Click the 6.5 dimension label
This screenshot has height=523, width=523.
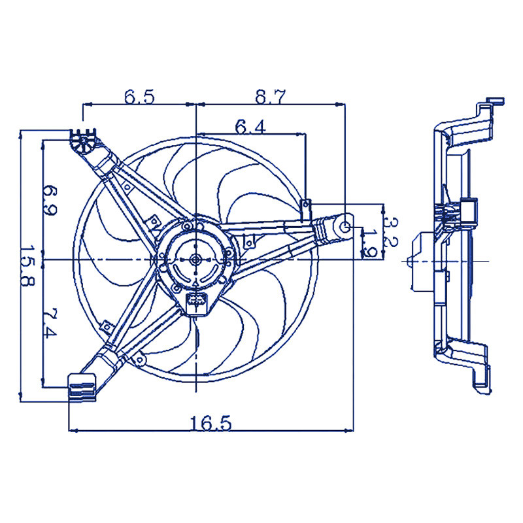[x=139, y=97]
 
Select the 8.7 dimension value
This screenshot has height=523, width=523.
[x=271, y=97]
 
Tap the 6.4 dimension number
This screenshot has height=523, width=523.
[x=250, y=127]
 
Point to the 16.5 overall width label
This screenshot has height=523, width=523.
[x=211, y=423]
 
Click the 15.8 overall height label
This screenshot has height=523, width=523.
[x=27, y=266]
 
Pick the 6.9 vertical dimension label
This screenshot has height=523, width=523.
[x=50, y=201]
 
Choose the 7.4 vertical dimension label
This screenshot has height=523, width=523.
[x=50, y=323]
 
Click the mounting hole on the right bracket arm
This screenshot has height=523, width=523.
[x=345, y=226]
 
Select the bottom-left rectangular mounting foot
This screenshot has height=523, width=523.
[x=82, y=388]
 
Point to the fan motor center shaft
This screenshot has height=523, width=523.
[x=195, y=259]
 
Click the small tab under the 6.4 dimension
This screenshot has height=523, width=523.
[x=305, y=210]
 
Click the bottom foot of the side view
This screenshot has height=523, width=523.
[x=482, y=380]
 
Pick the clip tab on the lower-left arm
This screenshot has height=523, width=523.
[x=107, y=326]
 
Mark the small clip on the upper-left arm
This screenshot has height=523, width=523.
[x=127, y=187]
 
